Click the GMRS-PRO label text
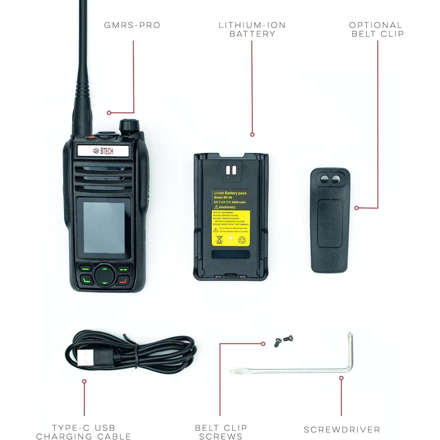pos(132,25)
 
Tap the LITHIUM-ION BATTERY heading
pos(252,29)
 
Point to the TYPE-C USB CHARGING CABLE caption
pos(84,432)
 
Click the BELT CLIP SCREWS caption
pos(221,432)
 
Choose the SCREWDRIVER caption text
pos(342,430)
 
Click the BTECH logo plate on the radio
pos(103,151)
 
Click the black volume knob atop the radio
pos(129,126)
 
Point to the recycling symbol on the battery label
pos(243,240)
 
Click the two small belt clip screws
pos(283,341)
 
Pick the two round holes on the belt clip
pos(330,179)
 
